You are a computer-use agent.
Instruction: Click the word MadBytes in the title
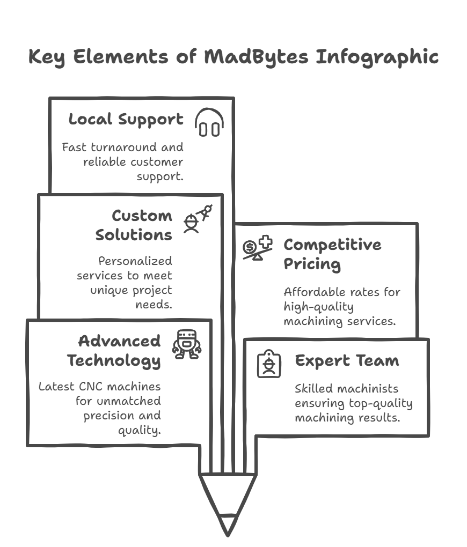pyautogui.click(x=257, y=57)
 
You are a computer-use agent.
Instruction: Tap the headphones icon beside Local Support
pyautogui.click(x=209, y=123)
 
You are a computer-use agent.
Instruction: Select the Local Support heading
pyautogui.click(x=126, y=120)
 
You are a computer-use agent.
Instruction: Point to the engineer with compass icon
pyautogui.click(x=197, y=219)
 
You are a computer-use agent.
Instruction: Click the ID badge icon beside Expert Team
pyautogui.click(x=269, y=364)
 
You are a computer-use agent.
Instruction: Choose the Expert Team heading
pyautogui.click(x=347, y=361)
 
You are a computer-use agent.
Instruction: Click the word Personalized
pyautogui.click(x=135, y=261)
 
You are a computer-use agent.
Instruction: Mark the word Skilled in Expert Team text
pyautogui.click(x=312, y=389)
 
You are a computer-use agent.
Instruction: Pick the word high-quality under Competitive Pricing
pyautogui.click(x=318, y=307)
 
